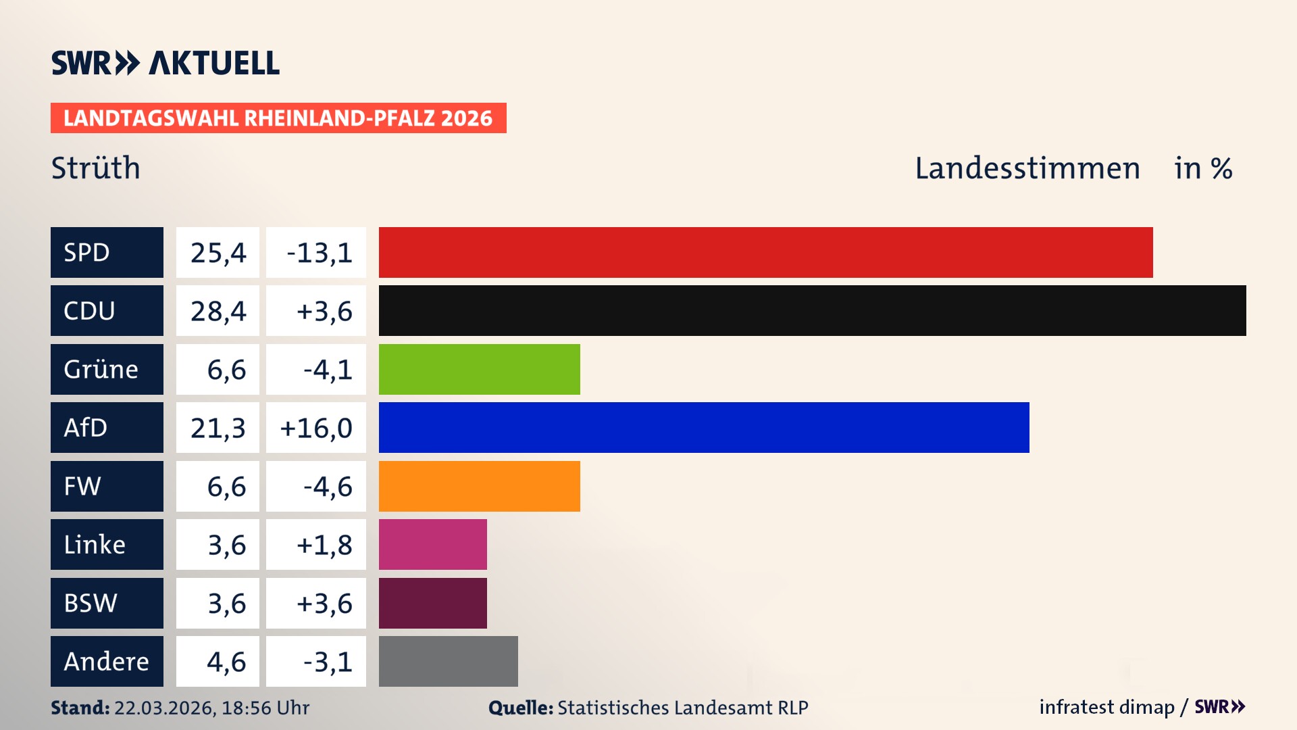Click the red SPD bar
(765, 252)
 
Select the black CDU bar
(812, 310)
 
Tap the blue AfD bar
(704, 427)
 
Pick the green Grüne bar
(479, 369)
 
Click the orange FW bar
(479, 486)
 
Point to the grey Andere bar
(448, 661)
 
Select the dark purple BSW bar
(432, 603)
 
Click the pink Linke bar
(432, 544)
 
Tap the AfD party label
(107, 427)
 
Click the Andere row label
(107, 661)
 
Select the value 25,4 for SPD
(218, 252)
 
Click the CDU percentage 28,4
(218, 310)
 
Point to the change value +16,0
(315, 427)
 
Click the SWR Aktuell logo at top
(165, 63)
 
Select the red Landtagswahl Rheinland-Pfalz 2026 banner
(278, 118)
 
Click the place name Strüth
(95, 168)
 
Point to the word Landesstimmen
(1027, 168)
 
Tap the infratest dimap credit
(1107, 707)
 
